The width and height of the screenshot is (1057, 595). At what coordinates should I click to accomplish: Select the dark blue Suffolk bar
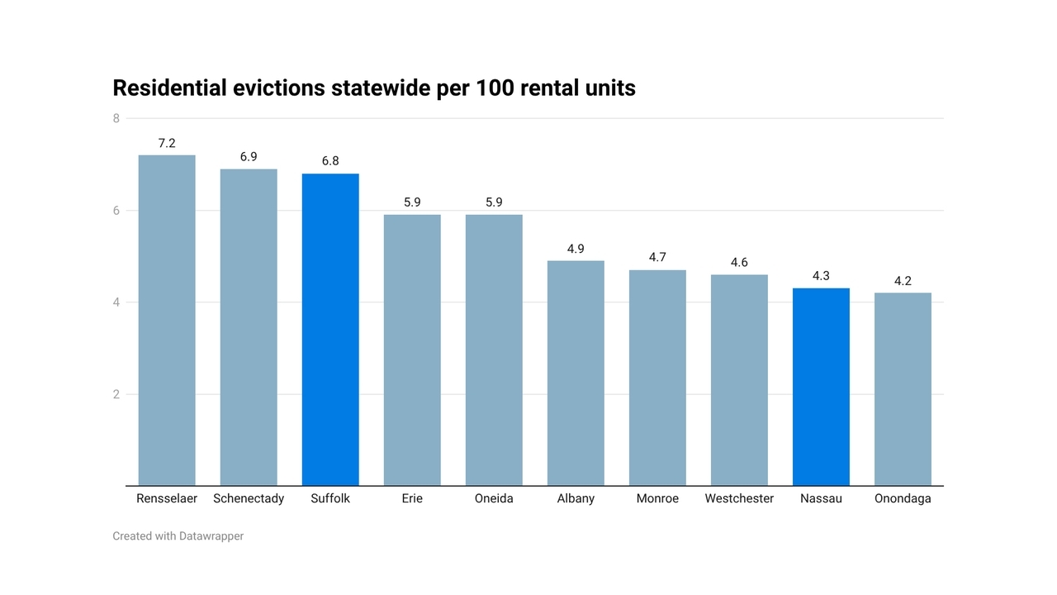click(330, 330)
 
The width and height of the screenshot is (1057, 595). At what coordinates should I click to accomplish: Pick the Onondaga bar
click(903, 389)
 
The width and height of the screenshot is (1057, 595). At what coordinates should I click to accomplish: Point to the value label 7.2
click(167, 144)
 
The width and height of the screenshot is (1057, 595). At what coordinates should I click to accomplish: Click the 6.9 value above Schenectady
click(249, 157)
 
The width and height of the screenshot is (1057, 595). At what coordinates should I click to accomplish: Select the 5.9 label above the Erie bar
click(412, 202)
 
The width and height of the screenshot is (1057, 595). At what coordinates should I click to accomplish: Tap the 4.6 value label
click(739, 263)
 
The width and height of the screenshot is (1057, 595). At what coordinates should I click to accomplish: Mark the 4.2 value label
click(903, 282)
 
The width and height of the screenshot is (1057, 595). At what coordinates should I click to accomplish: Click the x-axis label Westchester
click(739, 498)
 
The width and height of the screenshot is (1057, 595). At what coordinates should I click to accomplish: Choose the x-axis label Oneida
click(494, 498)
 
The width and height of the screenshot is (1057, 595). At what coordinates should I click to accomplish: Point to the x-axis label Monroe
click(657, 498)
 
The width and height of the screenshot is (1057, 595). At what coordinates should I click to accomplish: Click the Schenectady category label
click(249, 498)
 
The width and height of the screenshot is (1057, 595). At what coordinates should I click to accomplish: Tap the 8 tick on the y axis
click(116, 119)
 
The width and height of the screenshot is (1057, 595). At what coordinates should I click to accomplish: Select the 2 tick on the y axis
click(116, 395)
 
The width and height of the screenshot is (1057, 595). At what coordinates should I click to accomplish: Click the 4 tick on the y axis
click(116, 303)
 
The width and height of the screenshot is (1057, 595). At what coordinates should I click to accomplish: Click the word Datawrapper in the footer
click(211, 536)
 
